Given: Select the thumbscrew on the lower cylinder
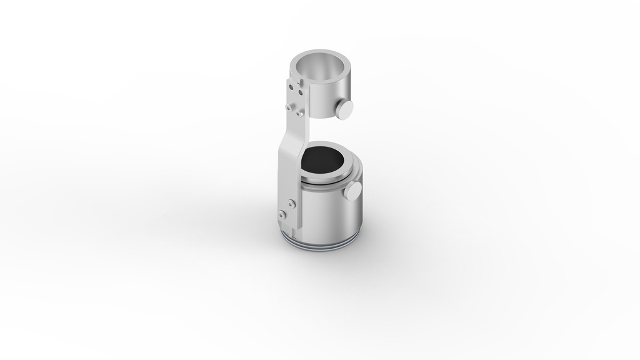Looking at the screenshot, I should tap(352, 191).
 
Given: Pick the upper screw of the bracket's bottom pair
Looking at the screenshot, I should tap(291, 204).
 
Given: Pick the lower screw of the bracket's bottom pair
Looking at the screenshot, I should tap(282, 214).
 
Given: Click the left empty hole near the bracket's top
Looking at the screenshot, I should tap(291, 87).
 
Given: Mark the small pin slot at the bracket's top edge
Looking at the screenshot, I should tap(301, 81).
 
